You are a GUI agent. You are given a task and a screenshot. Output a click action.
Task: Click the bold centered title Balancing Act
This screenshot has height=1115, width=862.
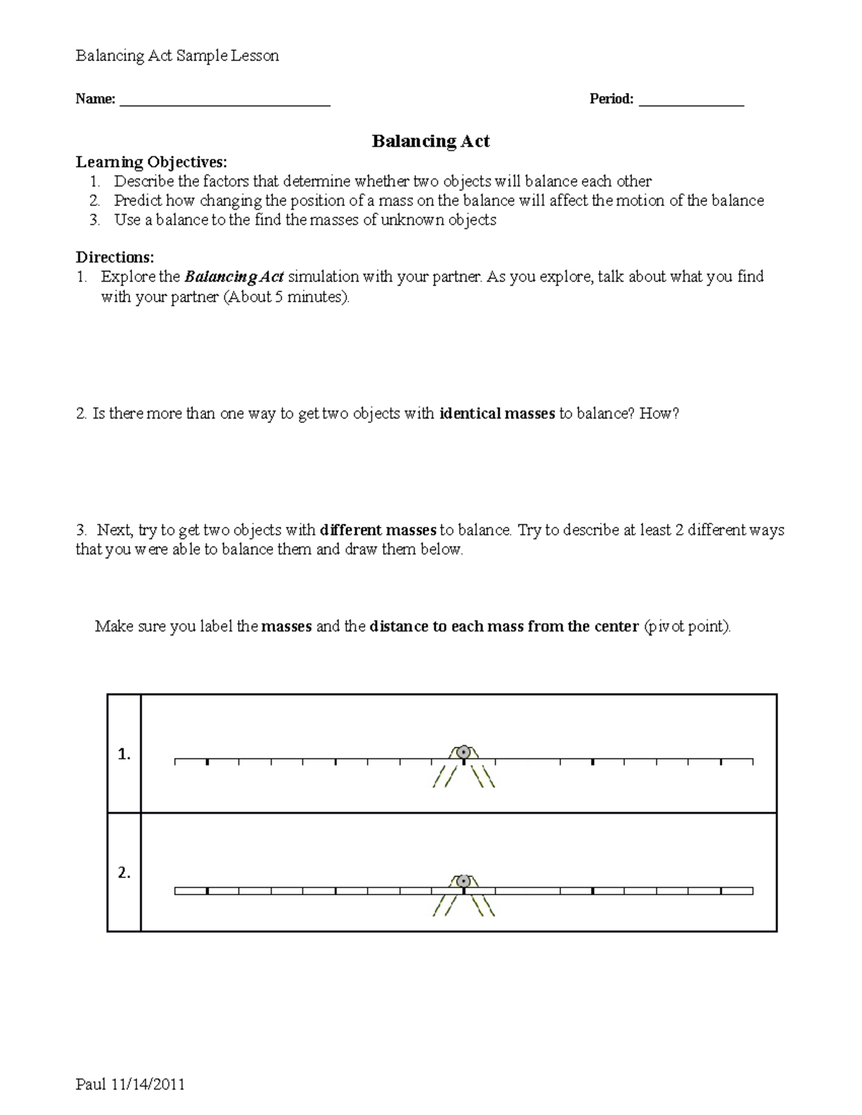430,141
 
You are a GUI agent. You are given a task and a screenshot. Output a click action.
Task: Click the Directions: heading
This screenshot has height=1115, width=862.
115,257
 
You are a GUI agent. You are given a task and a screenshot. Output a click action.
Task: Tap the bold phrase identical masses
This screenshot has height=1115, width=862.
496,414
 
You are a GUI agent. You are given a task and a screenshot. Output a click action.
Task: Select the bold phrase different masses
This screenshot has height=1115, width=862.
378,531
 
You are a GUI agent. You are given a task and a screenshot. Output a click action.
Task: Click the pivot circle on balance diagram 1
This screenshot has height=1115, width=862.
463,752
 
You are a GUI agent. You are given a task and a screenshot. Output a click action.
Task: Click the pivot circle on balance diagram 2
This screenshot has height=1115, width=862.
463,881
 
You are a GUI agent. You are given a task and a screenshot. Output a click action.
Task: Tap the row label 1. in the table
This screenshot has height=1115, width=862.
124,755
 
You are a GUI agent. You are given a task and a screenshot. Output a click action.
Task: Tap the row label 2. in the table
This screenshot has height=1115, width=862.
124,874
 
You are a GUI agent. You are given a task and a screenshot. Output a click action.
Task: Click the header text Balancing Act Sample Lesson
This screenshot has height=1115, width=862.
177,56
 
